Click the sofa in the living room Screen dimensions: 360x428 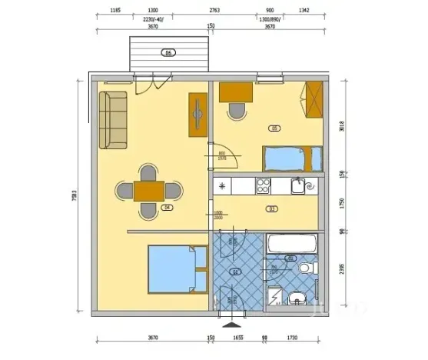(x=114, y=121)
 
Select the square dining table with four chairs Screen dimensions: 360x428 (x=148, y=190)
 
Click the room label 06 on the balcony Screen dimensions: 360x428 (x=169, y=53)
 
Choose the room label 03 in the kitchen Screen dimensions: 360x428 (x=271, y=208)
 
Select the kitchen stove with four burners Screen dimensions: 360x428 (x=263, y=185)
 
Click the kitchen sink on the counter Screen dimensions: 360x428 (x=298, y=185)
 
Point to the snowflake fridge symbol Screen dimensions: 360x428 (x=223, y=185)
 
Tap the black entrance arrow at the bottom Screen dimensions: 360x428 (x=229, y=324)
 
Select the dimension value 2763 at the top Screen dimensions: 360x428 (x=215, y=12)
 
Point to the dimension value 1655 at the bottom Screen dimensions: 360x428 (x=238, y=337)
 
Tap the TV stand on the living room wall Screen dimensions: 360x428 (x=197, y=115)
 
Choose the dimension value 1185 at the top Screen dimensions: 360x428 (x=115, y=12)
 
